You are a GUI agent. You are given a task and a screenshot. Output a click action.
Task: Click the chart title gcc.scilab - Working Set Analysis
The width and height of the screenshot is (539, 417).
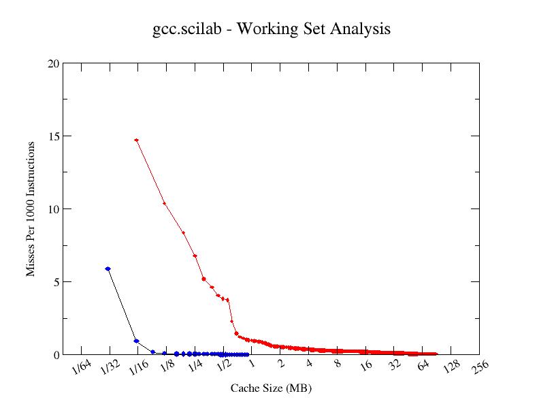click(272, 29)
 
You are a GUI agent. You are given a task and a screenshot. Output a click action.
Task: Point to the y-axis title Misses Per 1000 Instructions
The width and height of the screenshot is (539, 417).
click(31, 208)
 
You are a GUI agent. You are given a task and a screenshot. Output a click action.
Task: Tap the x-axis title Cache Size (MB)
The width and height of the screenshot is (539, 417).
click(271, 388)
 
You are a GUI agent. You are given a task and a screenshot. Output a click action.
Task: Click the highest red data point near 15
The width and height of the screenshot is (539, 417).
click(137, 140)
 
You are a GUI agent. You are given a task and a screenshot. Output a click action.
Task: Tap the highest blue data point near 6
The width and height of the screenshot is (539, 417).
click(108, 269)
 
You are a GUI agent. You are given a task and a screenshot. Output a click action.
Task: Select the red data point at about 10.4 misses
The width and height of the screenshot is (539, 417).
click(164, 203)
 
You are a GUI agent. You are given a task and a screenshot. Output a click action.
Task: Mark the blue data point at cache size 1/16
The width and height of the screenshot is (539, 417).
click(136, 341)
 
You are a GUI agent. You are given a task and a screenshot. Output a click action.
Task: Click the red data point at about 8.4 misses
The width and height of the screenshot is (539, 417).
click(183, 232)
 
